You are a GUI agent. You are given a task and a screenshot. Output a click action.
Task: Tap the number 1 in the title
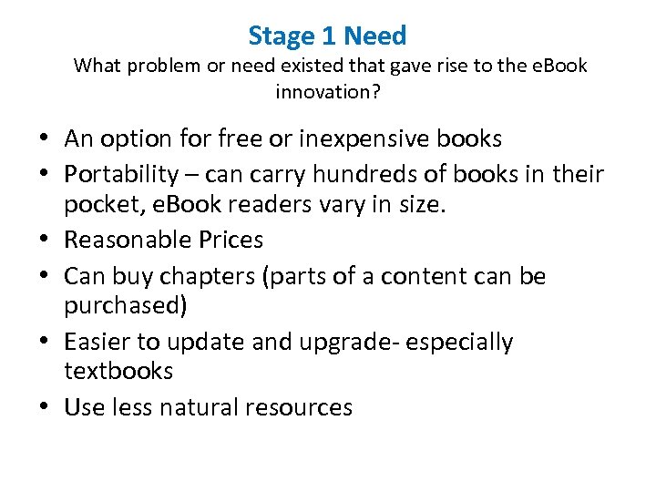330,36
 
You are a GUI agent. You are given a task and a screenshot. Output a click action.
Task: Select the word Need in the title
375,36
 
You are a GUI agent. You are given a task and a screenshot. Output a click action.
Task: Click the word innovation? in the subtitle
327,92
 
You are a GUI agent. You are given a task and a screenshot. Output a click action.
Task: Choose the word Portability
122,173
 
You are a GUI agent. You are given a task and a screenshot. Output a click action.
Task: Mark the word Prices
232,241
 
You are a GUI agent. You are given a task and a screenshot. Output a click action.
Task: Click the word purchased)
126,305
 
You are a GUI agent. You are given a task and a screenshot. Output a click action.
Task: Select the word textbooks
118,371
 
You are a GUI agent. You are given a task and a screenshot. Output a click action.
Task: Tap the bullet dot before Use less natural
45,408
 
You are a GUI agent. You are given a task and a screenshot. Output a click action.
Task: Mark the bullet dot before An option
45,140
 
